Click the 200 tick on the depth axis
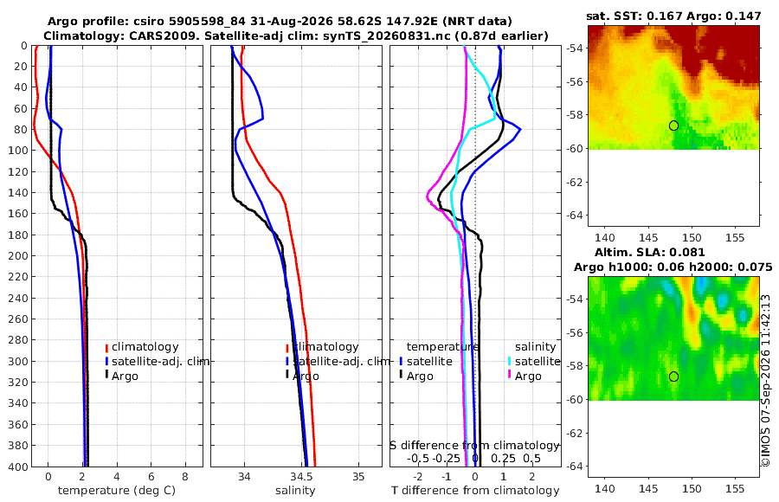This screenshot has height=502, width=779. tap(18, 255)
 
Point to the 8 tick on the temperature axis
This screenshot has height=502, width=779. tap(185, 477)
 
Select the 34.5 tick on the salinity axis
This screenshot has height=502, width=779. tap(302, 477)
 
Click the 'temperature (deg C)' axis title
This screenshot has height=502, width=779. tap(117, 491)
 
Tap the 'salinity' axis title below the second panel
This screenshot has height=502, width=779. tap(295, 491)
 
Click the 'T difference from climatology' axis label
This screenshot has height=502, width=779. tap(475, 491)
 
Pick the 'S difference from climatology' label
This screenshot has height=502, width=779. tap(474, 446)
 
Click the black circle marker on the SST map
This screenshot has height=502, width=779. tap(673, 125)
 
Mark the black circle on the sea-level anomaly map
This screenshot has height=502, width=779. tap(673, 376)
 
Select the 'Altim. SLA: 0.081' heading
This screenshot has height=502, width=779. tap(650, 253)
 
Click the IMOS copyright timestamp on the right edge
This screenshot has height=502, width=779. tap(766, 381)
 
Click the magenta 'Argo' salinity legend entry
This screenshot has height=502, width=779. tap(525, 376)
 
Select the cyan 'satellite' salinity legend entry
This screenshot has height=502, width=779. tap(533, 361)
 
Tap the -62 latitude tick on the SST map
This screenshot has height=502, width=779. tap(576, 182)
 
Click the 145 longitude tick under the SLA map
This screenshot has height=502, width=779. tap(648, 488)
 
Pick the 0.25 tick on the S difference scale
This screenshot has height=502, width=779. tap(503, 458)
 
